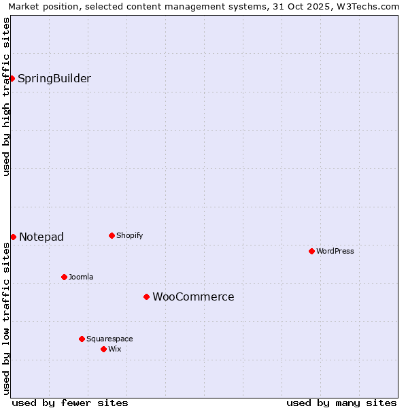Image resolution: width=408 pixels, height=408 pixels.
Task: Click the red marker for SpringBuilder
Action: tap(12, 78)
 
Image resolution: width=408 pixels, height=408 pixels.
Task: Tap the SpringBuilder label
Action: tap(54, 79)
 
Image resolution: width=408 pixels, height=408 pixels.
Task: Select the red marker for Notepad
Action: tap(13, 237)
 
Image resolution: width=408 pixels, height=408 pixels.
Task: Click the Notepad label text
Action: tap(41, 237)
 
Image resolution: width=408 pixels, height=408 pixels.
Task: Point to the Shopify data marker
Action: tap(112, 236)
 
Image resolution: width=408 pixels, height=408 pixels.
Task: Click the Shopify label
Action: tap(129, 236)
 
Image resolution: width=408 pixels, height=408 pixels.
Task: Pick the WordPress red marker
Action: tap(311, 251)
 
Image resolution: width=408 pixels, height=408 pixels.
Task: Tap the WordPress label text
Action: tap(335, 252)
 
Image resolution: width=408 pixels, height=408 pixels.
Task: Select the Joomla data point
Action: tap(64, 277)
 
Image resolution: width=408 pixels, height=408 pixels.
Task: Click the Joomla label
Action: tap(81, 277)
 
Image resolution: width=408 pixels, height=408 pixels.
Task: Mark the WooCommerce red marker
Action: tap(146, 296)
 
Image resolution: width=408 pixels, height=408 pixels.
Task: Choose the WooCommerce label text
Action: tap(193, 297)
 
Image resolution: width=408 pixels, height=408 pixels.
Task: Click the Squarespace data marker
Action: tap(82, 339)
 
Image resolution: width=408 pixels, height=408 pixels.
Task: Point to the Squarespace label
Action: tap(109, 339)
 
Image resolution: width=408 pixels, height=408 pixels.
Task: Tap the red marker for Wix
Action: tap(103, 349)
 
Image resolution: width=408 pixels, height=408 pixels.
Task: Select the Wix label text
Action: tap(115, 350)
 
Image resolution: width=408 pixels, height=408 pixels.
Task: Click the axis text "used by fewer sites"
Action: tap(70, 403)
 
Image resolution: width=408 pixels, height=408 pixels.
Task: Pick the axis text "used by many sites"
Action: tap(341, 403)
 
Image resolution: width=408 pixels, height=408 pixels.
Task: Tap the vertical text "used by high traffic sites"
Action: tap(7, 97)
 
